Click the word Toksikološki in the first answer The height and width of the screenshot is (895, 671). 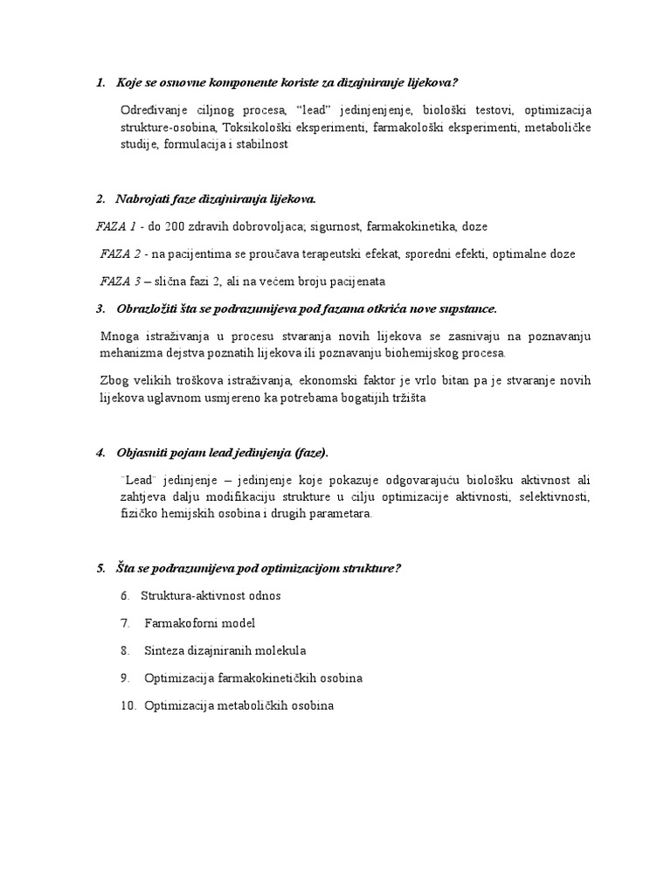pyautogui.click(x=258, y=128)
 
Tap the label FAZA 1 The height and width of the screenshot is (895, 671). pyautogui.click(x=116, y=225)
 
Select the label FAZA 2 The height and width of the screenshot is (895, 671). pyautogui.click(x=120, y=253)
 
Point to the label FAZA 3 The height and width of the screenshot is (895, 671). pyautogui.click(x=120, y=281)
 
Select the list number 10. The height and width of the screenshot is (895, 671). pyautogui.click(x=128, y=705)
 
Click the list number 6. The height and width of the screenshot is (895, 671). pyautogui.click(x=125, y=595)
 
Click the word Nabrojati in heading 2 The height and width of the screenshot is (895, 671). pyautogui.click(x=143, y=198)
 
